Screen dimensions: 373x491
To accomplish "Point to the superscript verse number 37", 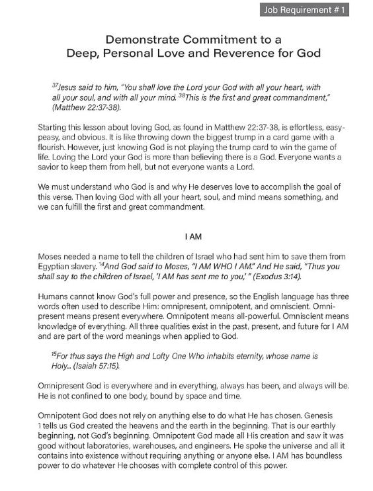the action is click(x=54, y=85).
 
